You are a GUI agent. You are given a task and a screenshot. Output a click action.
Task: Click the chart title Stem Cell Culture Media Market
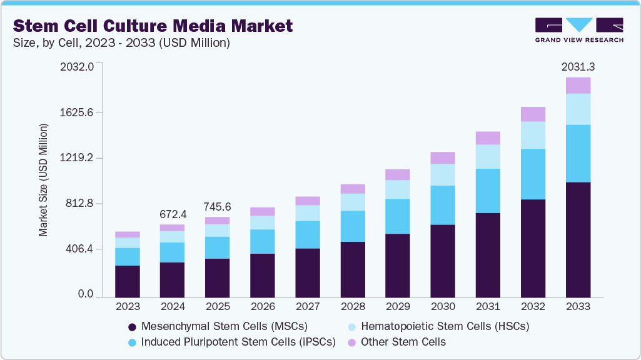(x=153, y=26)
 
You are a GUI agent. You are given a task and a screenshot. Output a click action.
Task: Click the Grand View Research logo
(x=579, y=29)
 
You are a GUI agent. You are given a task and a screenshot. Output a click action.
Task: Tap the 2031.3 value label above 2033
(x=578, y=66)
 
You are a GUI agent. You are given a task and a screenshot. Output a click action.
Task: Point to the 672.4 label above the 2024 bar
(x=172, y=214)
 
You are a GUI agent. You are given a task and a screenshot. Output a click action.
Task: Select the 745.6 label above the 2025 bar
(x=217, y=206)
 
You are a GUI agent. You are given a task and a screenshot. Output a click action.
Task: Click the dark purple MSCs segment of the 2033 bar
(x=578, y=239)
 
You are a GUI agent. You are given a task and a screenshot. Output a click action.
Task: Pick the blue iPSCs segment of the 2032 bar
(x=533, y=174)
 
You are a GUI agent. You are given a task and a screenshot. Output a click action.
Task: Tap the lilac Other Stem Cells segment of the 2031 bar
(x=488, y=138)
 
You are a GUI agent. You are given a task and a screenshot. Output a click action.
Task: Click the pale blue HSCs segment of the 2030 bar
(x=443, y=174)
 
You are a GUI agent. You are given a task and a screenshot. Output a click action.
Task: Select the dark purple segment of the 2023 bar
(x=128, y=281)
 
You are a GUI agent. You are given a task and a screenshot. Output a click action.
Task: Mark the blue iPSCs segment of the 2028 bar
(x=353, y=226)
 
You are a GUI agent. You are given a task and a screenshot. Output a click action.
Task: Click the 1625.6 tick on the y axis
(x=77, y=112)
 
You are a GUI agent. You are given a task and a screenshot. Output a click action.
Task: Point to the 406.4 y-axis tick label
(x=79, y=249)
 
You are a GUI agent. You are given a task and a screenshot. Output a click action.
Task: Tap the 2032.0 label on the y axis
(x=77, y=66)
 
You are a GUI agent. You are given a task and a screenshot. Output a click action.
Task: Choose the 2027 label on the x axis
(x=307, y=307)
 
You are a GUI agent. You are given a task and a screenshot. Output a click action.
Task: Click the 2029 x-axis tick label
(x=397, y=307)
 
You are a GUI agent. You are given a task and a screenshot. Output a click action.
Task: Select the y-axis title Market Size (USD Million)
(x=43, y=181)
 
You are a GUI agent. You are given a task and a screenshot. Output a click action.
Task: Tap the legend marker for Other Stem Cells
(x=351, y=342)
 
